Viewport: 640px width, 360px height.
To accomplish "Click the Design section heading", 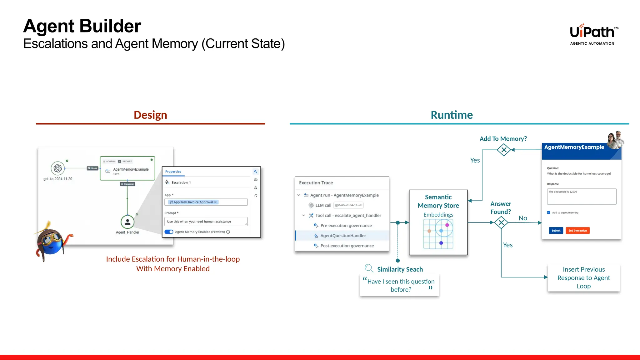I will tap(150, 115).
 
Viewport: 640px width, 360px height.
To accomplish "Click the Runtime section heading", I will tap(452, 115).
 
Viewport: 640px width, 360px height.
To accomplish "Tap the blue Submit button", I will tap(556, 231).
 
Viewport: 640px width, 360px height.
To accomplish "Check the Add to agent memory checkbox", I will tap(549, 212).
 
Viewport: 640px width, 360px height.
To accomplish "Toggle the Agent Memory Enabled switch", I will tap(169, 232).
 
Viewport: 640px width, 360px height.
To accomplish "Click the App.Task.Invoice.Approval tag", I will tap(193, 202).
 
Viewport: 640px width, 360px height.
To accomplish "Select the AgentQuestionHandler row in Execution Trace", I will tap(343, 236).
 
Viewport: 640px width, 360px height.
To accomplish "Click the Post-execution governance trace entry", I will tap(347, 246).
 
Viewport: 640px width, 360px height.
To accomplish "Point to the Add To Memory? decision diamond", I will tap(504, 150).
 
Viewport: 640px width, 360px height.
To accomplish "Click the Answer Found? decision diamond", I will tap(501, 222).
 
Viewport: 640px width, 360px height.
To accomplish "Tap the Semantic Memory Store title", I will tap(438, 201).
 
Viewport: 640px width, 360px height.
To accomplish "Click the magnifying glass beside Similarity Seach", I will tap(369, 268).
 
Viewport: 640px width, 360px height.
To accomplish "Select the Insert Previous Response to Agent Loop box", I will tap(583, 278).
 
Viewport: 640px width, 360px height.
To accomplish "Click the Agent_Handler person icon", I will tap(127, 222).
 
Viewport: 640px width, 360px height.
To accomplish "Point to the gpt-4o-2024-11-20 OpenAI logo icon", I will tap(58, 168).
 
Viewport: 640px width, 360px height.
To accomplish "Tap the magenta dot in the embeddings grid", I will tap(447, 225).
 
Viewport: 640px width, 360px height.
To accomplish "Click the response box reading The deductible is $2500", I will tap(582, 197).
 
